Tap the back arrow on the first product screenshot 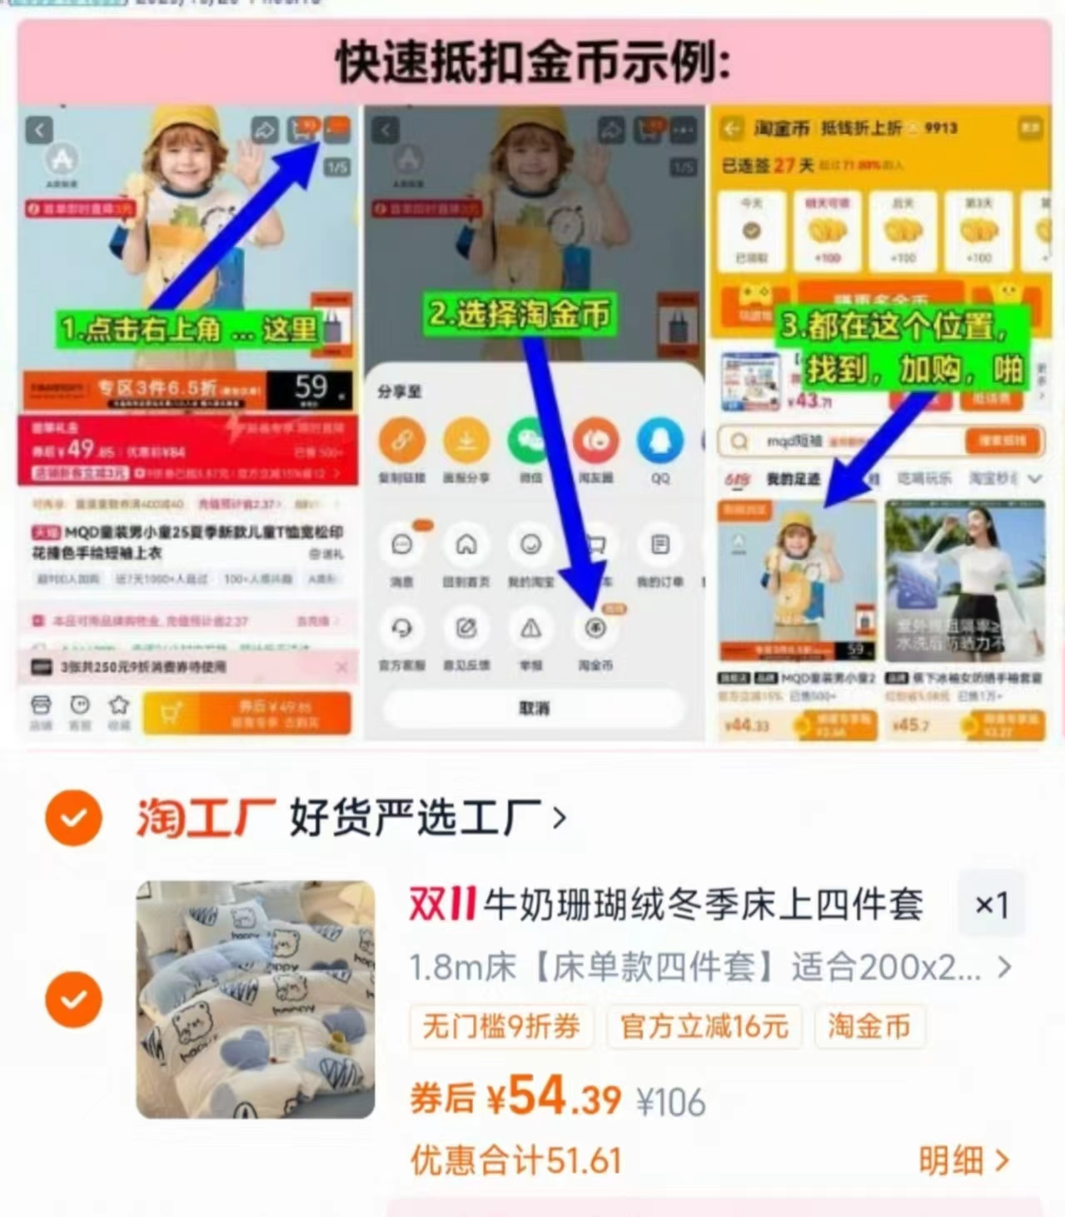[39, 130]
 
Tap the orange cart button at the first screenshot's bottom [246, 713]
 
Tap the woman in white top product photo [964, 579]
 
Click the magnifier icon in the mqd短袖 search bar [739, 441]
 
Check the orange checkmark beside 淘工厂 [73, 818]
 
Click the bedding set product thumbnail [255, 999]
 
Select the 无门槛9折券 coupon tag [500, 1026]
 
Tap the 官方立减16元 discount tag [704, 1026]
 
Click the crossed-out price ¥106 [671, 1103]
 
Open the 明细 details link [963, 1160]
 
